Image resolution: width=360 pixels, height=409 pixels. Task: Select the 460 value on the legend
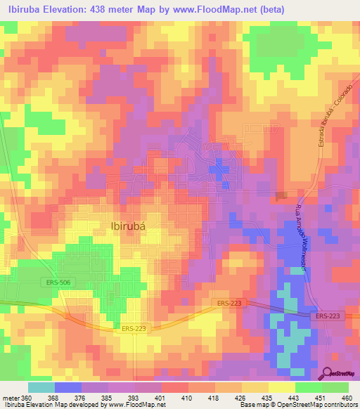tap(347, 397)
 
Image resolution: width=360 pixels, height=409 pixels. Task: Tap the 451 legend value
tap(321, 397)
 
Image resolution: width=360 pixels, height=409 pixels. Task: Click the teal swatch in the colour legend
tap(41, 387)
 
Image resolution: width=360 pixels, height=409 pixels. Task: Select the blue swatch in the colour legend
tap(68, 387)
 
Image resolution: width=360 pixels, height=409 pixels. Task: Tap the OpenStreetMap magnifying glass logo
tap(328, 375)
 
